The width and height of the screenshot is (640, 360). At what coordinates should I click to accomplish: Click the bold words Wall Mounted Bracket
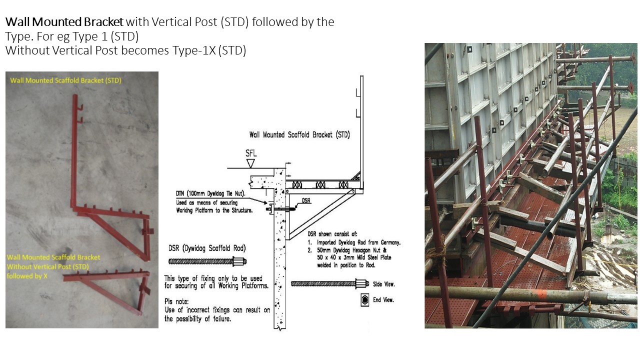click(x=64, y=22)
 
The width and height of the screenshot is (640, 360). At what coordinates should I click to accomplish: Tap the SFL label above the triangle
click(x=251, y=153)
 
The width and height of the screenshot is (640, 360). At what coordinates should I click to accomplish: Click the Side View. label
click(x=383, y=284)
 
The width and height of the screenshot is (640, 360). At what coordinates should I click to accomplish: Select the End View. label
click(x=383, y=300)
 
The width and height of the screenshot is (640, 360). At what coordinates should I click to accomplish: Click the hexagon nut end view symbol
click(x=364, y=300)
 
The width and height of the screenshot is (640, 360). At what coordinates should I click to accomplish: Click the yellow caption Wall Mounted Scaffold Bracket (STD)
click(x=65, y=80)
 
